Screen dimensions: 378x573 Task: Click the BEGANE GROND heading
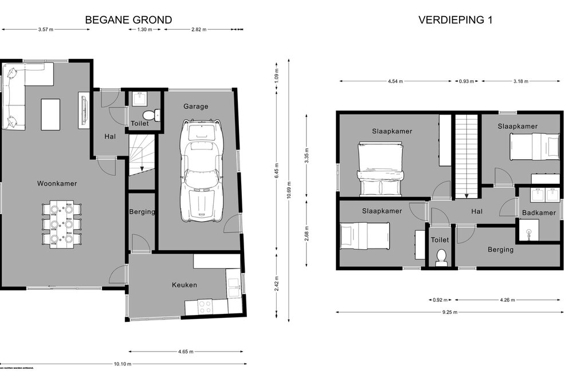pyautogui.click(x=128, y=20)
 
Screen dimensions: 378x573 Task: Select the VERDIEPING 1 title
pyautogui.click(x=456, y=20)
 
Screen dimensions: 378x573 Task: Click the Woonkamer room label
pyautogui.click(x=57, y=184)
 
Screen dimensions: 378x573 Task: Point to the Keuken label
pyautogui.click(x=185, y=285)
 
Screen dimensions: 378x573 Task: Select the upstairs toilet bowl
pyautogui.click(x=441, y=256)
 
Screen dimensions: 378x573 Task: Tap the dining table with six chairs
pyautogui.click(x=61, y=223)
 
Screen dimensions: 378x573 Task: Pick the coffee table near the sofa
pyautogui.click(x=50, y=110)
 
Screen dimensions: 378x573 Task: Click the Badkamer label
pyautogui.click(x=539, y=213)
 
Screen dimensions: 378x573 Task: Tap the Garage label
pyautogui.click(x=195, y=107)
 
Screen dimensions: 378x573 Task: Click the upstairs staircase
pyautogui.click(x=466, y=155)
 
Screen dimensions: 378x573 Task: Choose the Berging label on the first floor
pyautogui.click(x=500, y=250)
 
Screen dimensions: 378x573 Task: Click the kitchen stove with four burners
pyautogui.click(x=205, y=306)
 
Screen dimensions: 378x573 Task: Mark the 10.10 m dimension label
pyautogui.click(x=123, y=364)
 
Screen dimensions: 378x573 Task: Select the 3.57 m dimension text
pyautogui.click(x=46, y=29)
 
